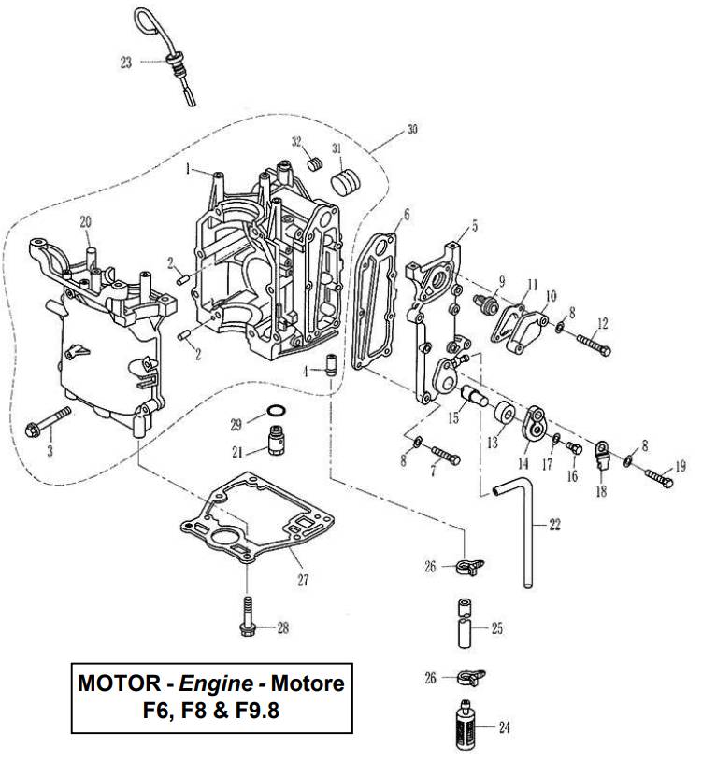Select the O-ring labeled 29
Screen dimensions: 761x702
click(x=277, y=411)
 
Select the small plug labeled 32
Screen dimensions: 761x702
click(x=315, y=164)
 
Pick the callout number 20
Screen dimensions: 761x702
click(x=85, y=221)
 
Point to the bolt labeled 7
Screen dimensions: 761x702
click(x=447, y=458)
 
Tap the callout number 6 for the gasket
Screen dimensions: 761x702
click(x=407, y=215)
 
